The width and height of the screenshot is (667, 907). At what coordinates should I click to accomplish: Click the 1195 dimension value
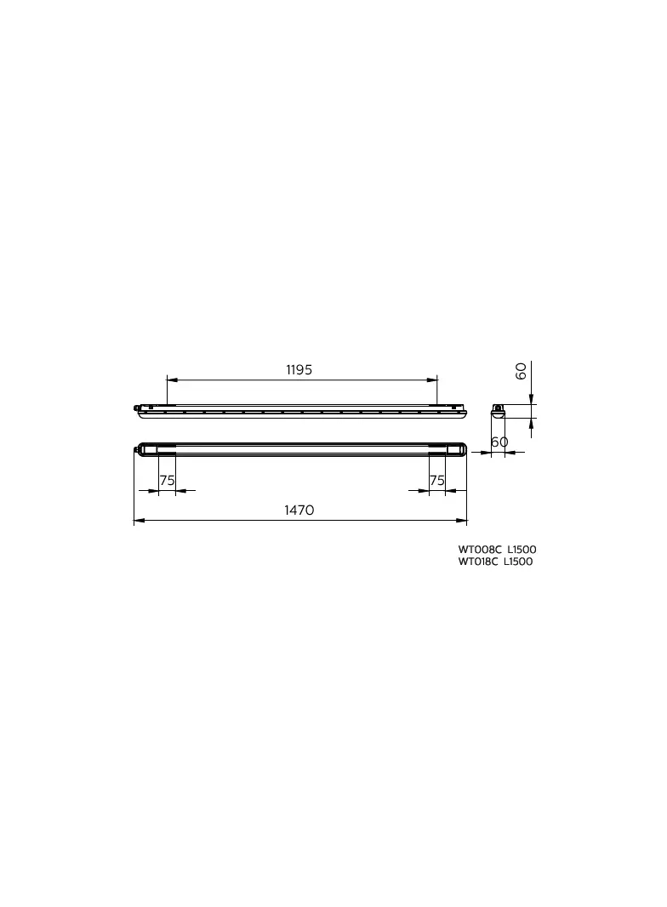[299, 369]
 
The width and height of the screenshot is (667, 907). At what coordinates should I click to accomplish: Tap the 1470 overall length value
[299, 511]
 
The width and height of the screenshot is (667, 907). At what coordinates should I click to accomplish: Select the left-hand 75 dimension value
[168, 480]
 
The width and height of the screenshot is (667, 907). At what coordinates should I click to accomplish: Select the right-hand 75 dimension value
[437, 480]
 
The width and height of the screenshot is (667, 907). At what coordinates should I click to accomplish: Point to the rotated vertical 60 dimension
[521, 371]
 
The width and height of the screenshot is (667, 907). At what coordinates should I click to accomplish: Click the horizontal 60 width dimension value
[499, 442]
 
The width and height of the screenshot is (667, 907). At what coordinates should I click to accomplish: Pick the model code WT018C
[478, 562]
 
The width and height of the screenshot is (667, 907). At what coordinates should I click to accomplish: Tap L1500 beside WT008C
[522, 550]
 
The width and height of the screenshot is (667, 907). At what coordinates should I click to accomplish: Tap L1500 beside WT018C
[518, 562]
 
